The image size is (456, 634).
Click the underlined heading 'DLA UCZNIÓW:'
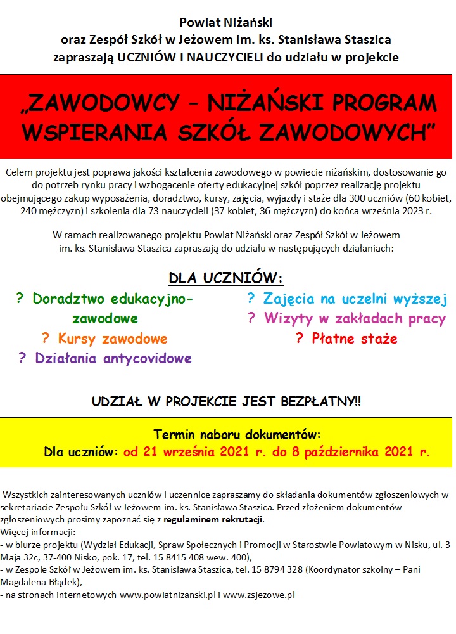point(225,278)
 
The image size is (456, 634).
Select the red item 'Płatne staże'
point(355,339)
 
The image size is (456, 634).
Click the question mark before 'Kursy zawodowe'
point(46,339)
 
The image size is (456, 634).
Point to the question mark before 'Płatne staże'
point(300,339)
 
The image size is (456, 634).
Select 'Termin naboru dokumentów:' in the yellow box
point(237,435)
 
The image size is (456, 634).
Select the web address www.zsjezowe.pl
point(260,595)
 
